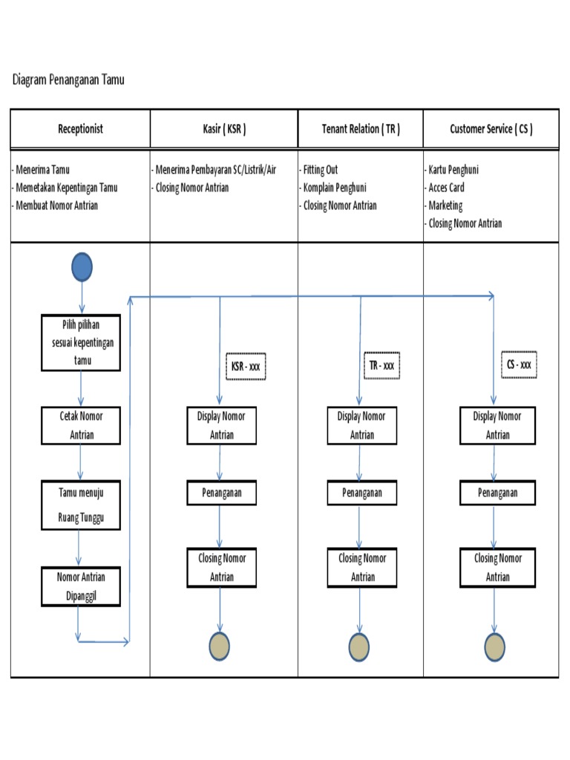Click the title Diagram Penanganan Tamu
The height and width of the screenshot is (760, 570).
click(x=68, y=80)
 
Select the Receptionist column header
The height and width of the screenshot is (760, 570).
click(x=80, y=128)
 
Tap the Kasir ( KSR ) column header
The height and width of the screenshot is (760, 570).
click(x=223, y=128)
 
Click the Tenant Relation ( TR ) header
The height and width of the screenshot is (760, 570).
click(x=361, y=128)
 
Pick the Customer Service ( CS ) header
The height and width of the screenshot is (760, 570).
click(x=491, y=128)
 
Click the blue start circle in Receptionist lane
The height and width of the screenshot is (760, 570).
click(x=82, y=267)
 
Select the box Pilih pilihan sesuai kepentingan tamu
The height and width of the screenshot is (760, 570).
click(x=80, y=343)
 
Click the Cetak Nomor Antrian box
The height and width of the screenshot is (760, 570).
click(x=80, y=425)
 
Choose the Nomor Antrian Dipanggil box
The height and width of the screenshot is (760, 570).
click(x=80, y=586)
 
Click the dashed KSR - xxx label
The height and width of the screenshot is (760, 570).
click(x=245, y=366)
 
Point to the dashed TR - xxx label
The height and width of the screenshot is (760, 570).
click(x=381, y=366)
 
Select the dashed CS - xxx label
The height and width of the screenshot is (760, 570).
click(x=518, y=365)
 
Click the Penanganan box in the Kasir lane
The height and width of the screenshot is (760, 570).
click(x=221, y=493)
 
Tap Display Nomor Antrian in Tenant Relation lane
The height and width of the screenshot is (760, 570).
click(x=361, y=425)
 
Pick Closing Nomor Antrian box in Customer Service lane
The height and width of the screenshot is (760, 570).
click(x=497, y=568)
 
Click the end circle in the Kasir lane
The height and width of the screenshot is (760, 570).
click(x=220, y=646)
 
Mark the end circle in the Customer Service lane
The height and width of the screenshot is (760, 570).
click(x=495, y=646)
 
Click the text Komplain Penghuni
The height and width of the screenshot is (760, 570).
click(x=335, y=188)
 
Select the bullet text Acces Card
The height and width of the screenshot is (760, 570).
click(x=446, y=188)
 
